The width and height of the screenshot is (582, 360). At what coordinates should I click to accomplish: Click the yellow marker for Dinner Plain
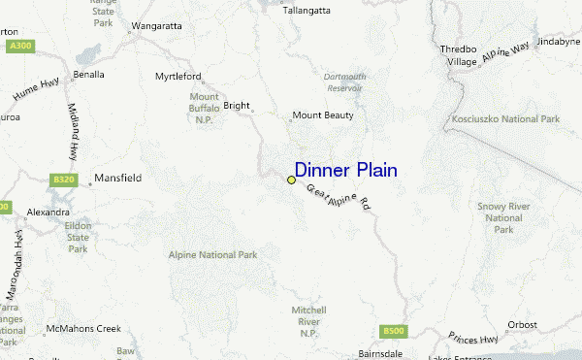pos(291,180)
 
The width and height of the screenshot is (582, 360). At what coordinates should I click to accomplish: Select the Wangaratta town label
pos(157,26)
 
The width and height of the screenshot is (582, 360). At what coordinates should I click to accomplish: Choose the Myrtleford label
pos(181,75)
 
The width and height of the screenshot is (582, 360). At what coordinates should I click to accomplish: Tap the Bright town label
pos(237,106)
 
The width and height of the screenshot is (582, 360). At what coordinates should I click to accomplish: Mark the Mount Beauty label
pos(323,115)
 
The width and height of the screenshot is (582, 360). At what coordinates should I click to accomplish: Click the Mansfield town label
pos(117,179)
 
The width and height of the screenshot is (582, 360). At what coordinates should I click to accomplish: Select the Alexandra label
pos(48,211)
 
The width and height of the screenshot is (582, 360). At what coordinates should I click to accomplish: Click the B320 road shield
pos(63,180)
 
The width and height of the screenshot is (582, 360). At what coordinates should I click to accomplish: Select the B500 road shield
pos(392,332)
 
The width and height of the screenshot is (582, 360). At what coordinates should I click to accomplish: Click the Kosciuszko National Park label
pos(505,119)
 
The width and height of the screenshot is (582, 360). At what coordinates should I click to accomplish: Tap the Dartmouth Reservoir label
pos(344,82)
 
